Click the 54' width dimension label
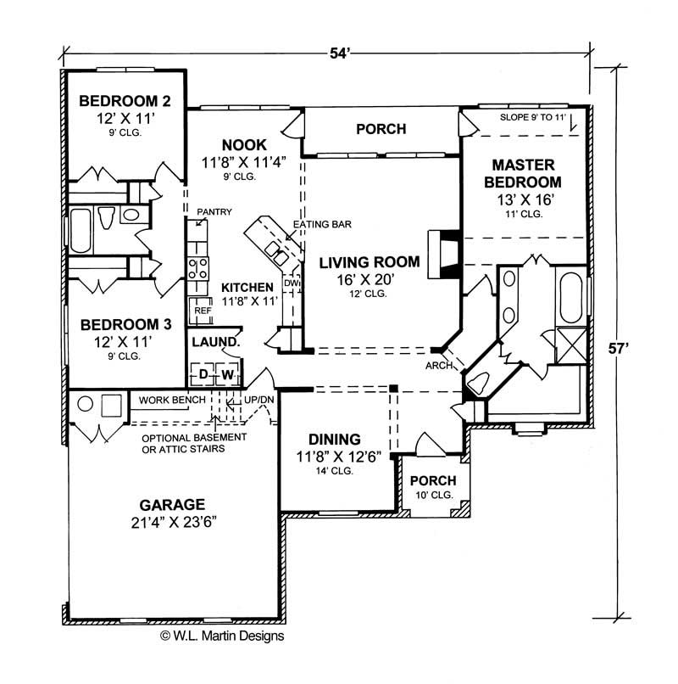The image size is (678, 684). coord(338,53)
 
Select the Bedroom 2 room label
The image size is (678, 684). coord(125,102)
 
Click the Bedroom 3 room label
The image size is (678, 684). coord(125,323)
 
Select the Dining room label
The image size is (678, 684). coord(334,439)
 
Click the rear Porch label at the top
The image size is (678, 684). coord(381,129)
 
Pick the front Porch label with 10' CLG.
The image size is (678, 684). coord(432,480)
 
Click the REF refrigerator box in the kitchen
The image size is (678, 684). coord(203,311)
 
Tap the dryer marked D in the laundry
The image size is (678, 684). coord(203,374)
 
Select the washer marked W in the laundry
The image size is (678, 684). coord(226,374)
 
